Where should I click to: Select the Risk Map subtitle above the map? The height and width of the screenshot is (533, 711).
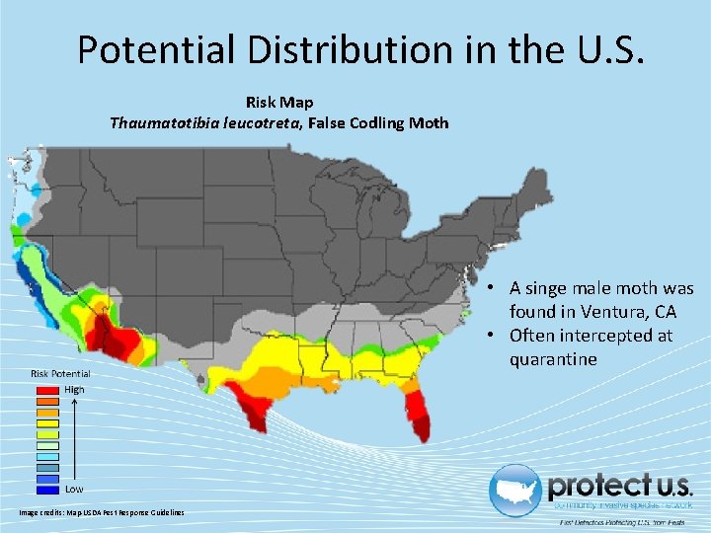(279, 102)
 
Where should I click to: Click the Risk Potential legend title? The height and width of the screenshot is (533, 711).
(60, 373)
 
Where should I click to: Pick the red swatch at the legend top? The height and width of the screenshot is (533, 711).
(48, 390)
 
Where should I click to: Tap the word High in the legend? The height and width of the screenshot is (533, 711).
(75, 390)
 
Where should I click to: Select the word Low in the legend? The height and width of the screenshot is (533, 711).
(75, 489)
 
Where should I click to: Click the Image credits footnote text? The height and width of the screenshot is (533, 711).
(102, 511)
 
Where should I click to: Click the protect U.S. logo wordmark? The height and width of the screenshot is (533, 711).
(620, 486)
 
